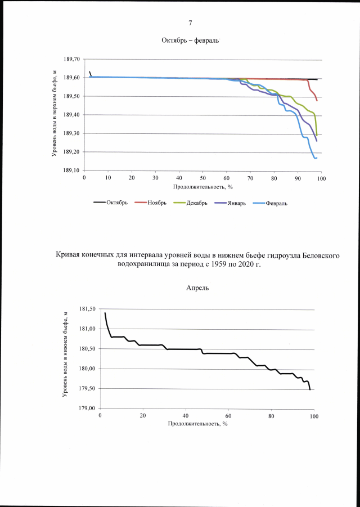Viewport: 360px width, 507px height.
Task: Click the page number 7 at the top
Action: tap(190, 23)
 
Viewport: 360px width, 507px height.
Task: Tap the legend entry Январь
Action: tap(236, 203)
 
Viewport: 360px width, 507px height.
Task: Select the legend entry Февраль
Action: tap(276, 203)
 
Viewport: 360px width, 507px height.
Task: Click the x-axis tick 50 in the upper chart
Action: tap(202, 177)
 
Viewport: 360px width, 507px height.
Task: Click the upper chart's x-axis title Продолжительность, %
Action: tap(202, 185)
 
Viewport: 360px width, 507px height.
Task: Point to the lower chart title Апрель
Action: tap(197, 288)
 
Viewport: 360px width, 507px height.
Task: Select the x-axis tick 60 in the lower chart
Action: tap(228, 416)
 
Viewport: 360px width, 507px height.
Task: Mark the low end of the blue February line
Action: tap(316, 158)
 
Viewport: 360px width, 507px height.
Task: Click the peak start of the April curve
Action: tap(105, 313)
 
